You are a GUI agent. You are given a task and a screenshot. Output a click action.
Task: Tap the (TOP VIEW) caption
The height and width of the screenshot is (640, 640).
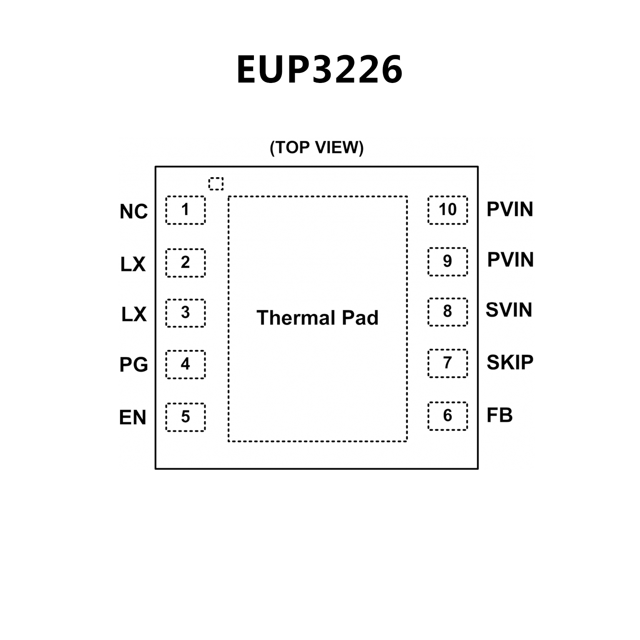pyautogui.click(x=317, y=148)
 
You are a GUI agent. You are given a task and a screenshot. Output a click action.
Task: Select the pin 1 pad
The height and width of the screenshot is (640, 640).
pyautogui.click(x=186, y=210)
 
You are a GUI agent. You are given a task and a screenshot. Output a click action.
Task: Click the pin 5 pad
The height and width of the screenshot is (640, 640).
pyautogui.click(x=186, y=417)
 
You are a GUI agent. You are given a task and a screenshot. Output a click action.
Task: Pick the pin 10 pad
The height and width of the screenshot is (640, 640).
pyautogui.click(x=447, y=210)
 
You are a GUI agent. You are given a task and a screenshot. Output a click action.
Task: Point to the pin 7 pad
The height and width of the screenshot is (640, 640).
pyautogui.click(x=447, y=363)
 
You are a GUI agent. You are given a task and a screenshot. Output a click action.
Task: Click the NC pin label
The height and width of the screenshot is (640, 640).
pyautogui.click(x=133, y=212)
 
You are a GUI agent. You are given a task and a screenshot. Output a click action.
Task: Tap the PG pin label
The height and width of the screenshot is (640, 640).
pyautogui.click(x=133, y=365)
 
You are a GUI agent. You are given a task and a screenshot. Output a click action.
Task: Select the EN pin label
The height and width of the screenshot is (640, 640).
pyautogui.click(x=133, y=417)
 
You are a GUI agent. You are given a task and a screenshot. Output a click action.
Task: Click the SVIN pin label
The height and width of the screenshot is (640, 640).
pyautogui.click(x=509, y=310)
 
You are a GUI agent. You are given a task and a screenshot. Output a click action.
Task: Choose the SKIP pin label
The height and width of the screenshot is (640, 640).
pyautogui.click(x=510, y=363)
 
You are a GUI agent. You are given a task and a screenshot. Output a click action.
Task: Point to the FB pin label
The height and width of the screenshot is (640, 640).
pyautogui.click(x=499, y=415)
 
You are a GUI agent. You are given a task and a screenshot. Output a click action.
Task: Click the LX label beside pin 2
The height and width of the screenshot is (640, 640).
pyautogui.click(x=133, y=264)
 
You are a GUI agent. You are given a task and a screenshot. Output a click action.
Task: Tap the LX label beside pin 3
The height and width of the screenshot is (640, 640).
pyautogui.click(x=134, y=314)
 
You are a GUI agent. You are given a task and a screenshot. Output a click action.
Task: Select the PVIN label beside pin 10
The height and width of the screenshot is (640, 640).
pyautogui.click(x=510, y=209)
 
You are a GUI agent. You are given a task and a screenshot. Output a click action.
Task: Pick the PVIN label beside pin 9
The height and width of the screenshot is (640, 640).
pyautogui.click(x=510, y=260)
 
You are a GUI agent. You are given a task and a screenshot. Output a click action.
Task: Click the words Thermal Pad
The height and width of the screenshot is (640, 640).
pyautogui.click(x=317, y=318)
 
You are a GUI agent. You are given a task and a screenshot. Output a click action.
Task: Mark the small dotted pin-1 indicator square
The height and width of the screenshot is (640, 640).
pyautogui.click(x=216, y=183)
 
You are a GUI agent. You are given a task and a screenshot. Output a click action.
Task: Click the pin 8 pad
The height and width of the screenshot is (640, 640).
pyautogui.click(x=447, y=312)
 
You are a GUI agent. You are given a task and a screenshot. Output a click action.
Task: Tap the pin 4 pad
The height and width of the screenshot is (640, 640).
pyautogui.click(x=186, y=364)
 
